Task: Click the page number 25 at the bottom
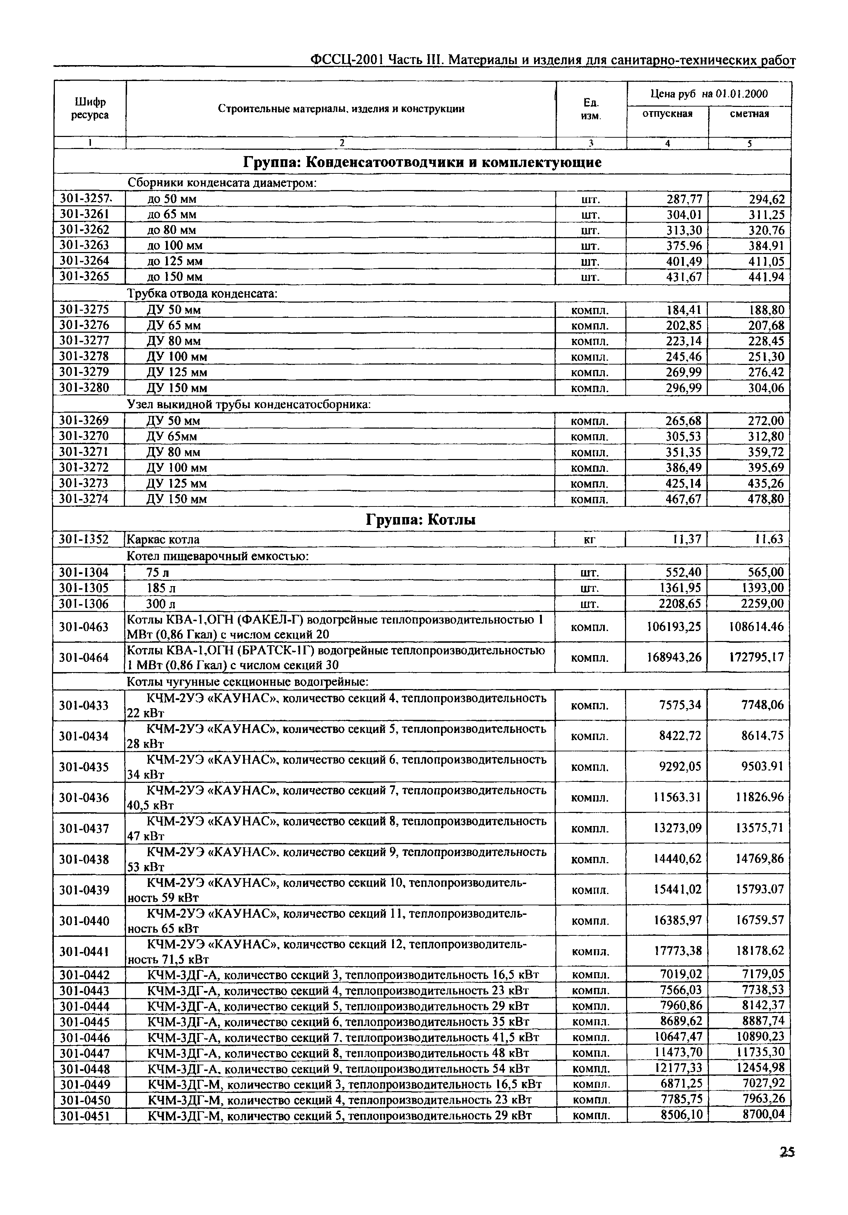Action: [x=787, y=1165]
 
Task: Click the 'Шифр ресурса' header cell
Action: [x=90, y=109]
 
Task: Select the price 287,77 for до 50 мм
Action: [x=684, y=199]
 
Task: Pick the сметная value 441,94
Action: [x=766, y=277]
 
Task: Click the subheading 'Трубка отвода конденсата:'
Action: [x=202, y=293]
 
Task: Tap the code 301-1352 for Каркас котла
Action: [x=84, y=539]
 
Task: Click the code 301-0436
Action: [x=84, y=797]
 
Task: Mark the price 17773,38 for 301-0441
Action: [x=677, y=951]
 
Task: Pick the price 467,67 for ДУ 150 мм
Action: [x=683, y=499]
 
